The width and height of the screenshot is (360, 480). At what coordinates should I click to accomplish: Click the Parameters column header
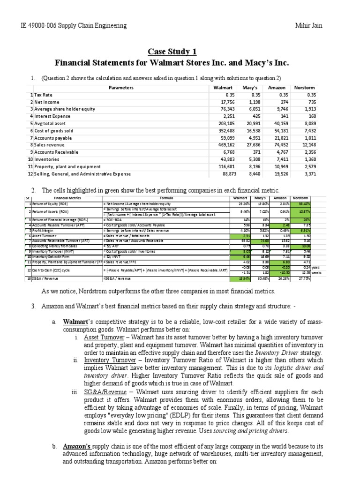point(121,88)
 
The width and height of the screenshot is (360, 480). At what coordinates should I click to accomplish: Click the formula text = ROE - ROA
point(114,219)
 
